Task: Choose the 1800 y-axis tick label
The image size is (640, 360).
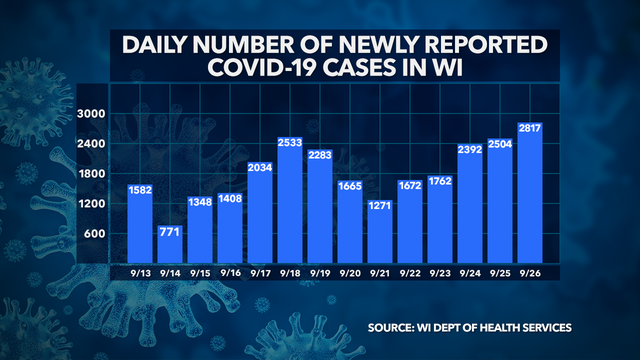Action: pyautogui.click(x=93, y=175)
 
